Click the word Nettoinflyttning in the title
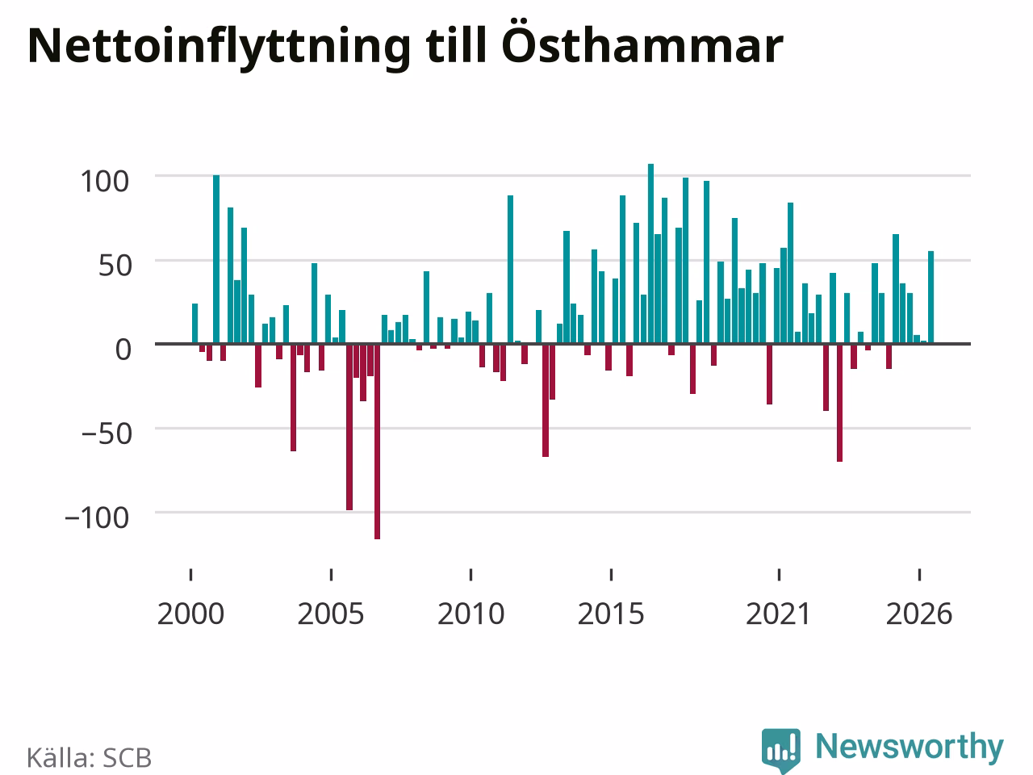pos(220,47)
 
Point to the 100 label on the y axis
pos(104,181)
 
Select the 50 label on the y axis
pos(115,266)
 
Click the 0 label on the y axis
pos(123,350)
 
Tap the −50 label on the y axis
pos(107,434)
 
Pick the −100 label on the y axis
pos(97,517)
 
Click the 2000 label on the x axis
pos(190,614)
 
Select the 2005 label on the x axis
pos(331,614)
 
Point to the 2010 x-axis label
pos(470,614)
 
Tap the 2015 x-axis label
pos(611,614)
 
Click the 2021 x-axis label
pos(779,614)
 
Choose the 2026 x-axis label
pos(919,614)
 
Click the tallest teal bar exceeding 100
pos(650,253)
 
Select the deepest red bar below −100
pos(378,442)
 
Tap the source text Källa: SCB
pos(89,757)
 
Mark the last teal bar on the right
pos(931,297)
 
